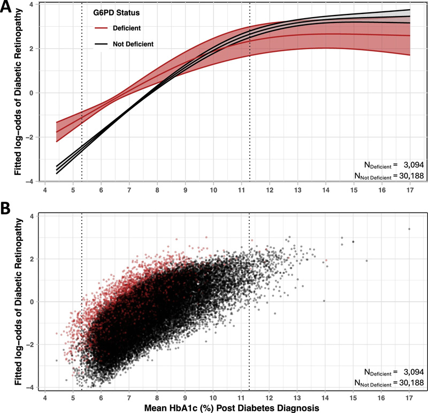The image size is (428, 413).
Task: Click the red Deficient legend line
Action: click(101, 27)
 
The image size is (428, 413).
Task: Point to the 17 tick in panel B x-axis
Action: click(409, 397)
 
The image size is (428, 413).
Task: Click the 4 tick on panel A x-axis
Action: click(45, 190)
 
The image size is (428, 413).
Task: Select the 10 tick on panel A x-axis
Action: click(213, 190)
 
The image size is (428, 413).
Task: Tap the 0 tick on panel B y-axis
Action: click(33, 302)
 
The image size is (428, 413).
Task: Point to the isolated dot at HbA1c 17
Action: click(409, 229)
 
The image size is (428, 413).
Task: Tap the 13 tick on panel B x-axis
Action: click(297, 397)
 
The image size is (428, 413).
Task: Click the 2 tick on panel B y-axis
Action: click(33, 258)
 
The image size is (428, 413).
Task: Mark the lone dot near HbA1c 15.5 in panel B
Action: click(366, 261)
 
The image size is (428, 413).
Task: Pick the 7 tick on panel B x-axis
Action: click(129, 397)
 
